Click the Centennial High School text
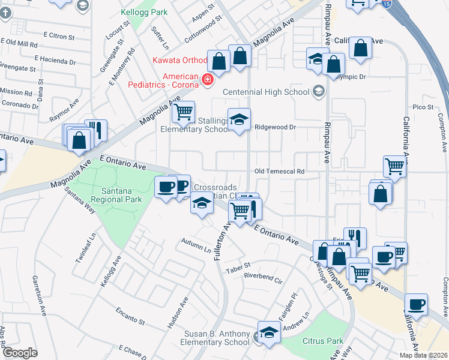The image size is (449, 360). pyautogui.click(x=266, y=92)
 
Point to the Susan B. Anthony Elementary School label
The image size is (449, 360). pyautogui.click(x=209, y=338)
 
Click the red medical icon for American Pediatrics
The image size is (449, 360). pyautogui.click(x=208, y=79)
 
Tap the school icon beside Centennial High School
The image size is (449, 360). pyautogui.click(x=318, y=91)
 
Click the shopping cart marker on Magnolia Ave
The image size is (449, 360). pyautogui.click(x=183, y=111)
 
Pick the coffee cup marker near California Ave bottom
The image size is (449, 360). pyautogui.click(x=416, y=304)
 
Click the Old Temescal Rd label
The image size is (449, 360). pyautogui.click(x=279, y=172)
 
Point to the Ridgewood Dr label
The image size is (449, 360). pyautogui.click(x=276, y=127)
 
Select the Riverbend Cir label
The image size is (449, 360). pyautogui.click(x=263, y=277)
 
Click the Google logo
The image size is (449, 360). pyautogui.click(x=20, y=352)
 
